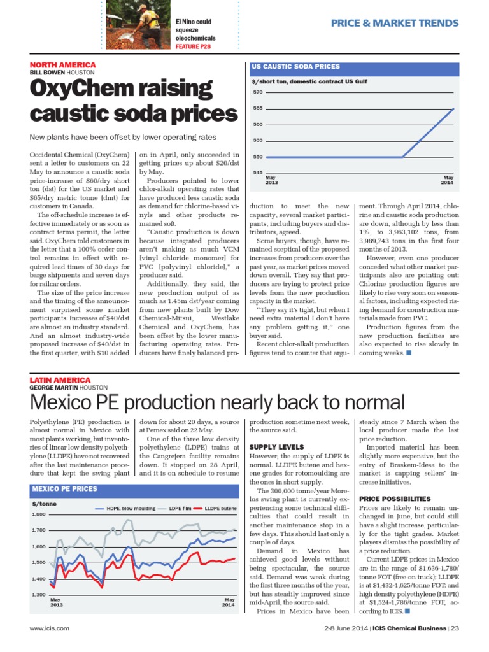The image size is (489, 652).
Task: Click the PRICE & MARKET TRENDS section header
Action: pos(395,24)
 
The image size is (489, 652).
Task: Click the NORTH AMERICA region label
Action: pos(63,65)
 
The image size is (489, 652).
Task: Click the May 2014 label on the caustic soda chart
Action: pos(448,180)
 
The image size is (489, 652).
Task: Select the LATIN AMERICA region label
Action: pos(60,380)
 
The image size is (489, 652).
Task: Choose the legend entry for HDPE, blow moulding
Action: pos(127,508)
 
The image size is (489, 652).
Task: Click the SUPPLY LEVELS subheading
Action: pos(276,447)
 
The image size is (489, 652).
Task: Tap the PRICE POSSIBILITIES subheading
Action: pos(395,498)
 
